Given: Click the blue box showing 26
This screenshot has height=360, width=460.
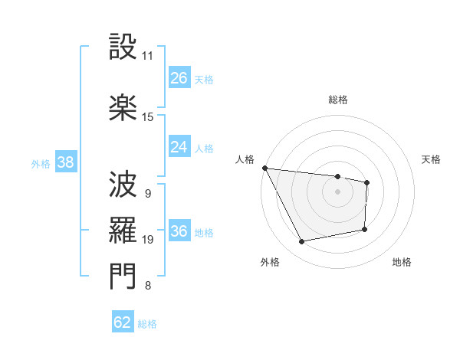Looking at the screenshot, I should point(179,78).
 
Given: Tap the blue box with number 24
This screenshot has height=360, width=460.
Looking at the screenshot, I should point(179,147).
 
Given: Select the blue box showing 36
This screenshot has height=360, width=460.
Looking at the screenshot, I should point(179,232).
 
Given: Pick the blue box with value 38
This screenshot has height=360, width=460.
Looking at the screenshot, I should point(65,162).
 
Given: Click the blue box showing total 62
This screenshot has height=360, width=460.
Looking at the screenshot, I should point(123,323).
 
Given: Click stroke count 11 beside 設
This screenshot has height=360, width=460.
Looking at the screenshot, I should point(148,56).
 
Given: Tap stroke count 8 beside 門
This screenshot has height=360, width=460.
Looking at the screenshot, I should point(148,286).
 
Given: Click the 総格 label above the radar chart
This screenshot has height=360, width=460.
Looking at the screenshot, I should point(338,100).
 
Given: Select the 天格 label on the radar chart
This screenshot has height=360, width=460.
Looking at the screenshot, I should point(431,159).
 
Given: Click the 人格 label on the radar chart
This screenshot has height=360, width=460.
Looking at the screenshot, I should point(245,159).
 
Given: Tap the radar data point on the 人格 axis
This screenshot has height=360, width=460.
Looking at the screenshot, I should point(264,168).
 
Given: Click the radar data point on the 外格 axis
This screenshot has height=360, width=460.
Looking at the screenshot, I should point(302,242).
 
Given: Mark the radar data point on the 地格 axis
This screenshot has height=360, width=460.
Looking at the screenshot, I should point(365,228).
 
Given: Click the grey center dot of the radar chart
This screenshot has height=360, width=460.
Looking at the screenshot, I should point(338,191).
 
